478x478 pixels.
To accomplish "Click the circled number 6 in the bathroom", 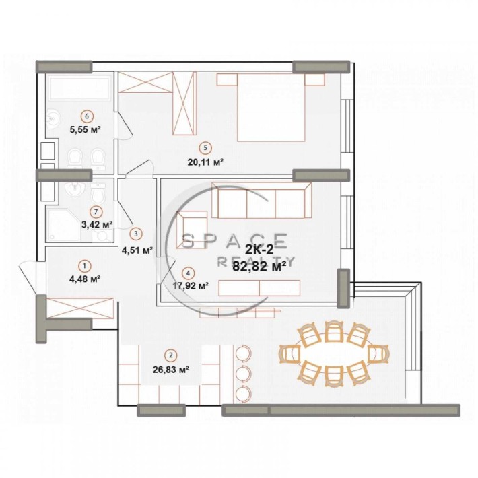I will coord(86,114).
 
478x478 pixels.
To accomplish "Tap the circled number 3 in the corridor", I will coord(137,234).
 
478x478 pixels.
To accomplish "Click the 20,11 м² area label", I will coord(205,162).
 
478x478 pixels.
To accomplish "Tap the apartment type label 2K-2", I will coord(259,250).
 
